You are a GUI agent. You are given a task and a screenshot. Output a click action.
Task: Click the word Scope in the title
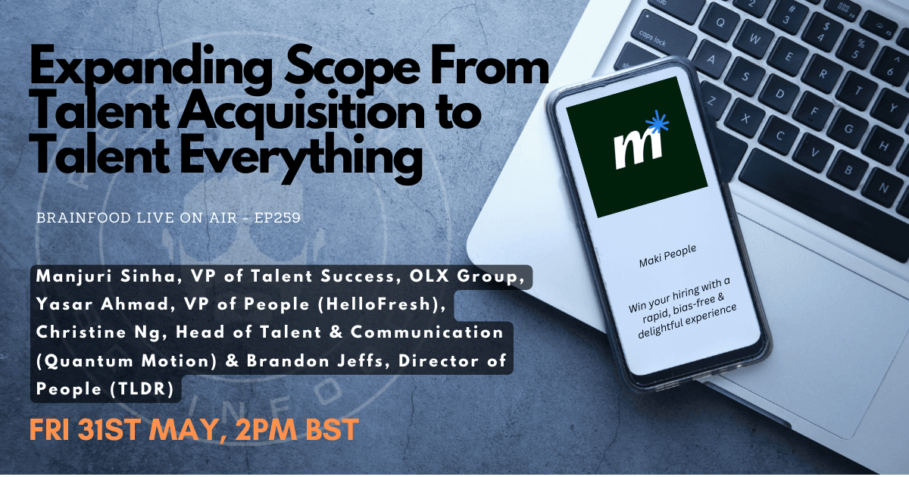coord(353,69)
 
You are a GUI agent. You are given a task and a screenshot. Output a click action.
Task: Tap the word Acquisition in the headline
coord(301,114)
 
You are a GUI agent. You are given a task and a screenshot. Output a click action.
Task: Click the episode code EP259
coord(277,218)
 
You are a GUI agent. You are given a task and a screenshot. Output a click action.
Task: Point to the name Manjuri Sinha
coord(106,276)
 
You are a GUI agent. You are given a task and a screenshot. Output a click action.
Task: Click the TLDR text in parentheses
coord(142,389)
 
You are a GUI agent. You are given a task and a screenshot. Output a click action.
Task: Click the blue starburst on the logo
coord(657,122)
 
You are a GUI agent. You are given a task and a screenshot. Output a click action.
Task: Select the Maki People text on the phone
coord(667,256)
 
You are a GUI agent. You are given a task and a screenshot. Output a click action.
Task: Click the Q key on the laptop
coord(720,22)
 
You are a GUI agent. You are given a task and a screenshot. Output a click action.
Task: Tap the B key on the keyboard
coord(848,170)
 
